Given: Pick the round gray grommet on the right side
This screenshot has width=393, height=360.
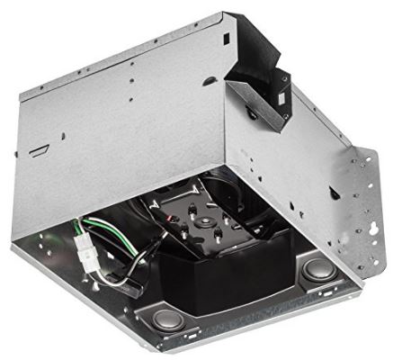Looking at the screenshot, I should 318,268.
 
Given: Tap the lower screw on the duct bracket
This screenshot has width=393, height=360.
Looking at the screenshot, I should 256,119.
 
